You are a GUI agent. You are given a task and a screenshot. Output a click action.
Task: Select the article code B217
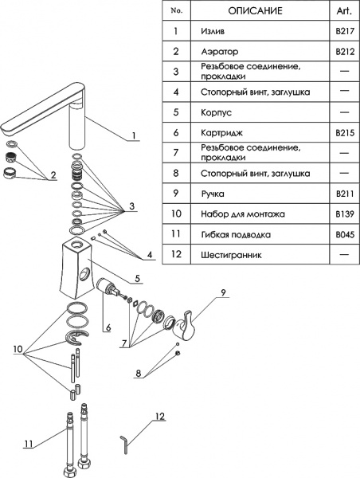coord(344,33)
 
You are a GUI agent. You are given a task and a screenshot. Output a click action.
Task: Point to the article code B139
coord(344,214)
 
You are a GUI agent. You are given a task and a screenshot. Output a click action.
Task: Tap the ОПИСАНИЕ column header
coord(253,11)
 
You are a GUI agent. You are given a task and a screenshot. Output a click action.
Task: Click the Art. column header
coord(344,11)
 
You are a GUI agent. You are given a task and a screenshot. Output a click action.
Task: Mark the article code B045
coord(344,235)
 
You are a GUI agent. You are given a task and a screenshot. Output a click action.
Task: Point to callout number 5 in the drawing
coord(138,279)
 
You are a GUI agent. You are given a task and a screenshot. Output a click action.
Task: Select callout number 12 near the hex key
coord(159,417)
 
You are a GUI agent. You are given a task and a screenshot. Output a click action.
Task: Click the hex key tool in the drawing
coord(124,443)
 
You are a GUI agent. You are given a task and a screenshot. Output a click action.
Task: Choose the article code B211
coord(344,194)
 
